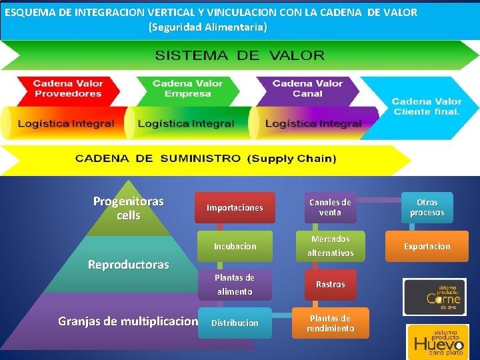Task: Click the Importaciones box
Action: (x=234, y=208)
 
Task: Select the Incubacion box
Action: (x=235, y=246)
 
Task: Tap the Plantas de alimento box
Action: (x=234, y=285)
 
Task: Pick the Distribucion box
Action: (x=234, y=323)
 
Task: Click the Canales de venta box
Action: (x=330, y=208)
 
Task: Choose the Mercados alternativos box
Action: (x=330, y=246)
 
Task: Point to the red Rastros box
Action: (x=330, y=285)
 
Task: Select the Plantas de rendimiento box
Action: (x=330, y=323)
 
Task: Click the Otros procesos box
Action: (x=427, y=208)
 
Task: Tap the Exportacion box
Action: (x=427, y=246)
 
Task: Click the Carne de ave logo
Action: (x=435, y=297)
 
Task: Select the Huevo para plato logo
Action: (x=438, y=341)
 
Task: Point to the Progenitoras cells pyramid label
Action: (x=128, y=208)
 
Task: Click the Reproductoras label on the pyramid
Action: (x=128, y=265)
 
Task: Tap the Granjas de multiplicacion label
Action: (x=128, y=321)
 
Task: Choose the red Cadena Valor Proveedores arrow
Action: (x=68, y=89)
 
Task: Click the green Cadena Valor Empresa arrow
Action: (x=187, y=89)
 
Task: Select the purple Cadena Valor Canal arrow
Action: (x=307, y=89)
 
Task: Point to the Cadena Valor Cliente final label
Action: (x=427, y=107)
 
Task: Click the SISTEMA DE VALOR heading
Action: (x=240, y=55)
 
